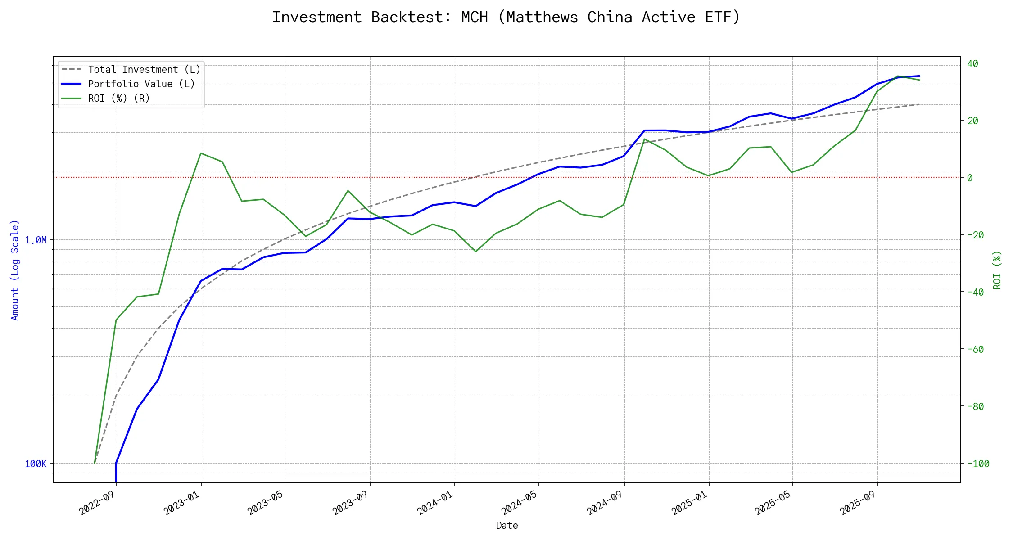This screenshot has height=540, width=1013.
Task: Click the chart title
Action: [x=506, y=17]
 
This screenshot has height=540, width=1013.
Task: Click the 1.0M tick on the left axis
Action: [x=36, y=240]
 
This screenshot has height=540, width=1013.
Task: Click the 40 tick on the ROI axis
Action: [x=972, y=64]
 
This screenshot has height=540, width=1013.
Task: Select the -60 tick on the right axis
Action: [x=975, y=350]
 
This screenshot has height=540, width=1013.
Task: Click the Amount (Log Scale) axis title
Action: [x=15, y=270]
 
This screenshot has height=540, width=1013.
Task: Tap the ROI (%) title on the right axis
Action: [x=997, y=270]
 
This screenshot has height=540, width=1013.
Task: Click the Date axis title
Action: [x=507, y=526]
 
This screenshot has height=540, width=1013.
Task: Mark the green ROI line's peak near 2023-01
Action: [x=201, y=153]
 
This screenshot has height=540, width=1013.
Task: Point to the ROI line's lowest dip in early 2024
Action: [x=475, y=252]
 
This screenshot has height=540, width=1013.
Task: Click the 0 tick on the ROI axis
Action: [x=970, y=178]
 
